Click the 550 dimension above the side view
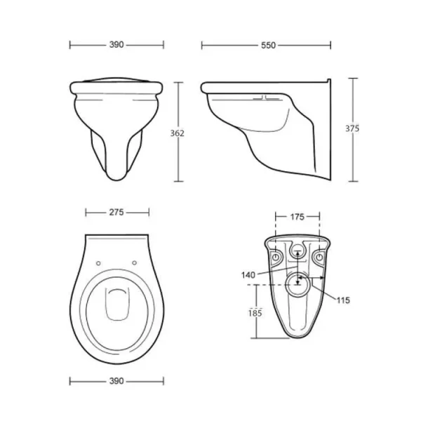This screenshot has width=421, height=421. pos(267,45)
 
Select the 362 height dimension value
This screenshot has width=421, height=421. pos(186,134)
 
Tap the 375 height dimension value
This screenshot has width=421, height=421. pos(352,128)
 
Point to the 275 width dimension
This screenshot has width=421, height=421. pos(116,210)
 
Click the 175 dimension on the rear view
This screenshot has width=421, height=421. pos(297,218)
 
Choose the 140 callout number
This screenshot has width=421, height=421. pos(248,275)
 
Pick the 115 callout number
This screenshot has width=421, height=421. pos(342,300)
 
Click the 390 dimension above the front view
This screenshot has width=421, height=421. pos(116,45)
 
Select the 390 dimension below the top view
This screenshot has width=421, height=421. pos(116,381)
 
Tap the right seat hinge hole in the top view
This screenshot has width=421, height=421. pos(133,263)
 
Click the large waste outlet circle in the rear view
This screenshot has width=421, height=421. pos(299,285)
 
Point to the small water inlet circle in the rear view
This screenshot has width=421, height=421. pos(298,253)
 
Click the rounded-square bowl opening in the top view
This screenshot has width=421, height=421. pos(116,305)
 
